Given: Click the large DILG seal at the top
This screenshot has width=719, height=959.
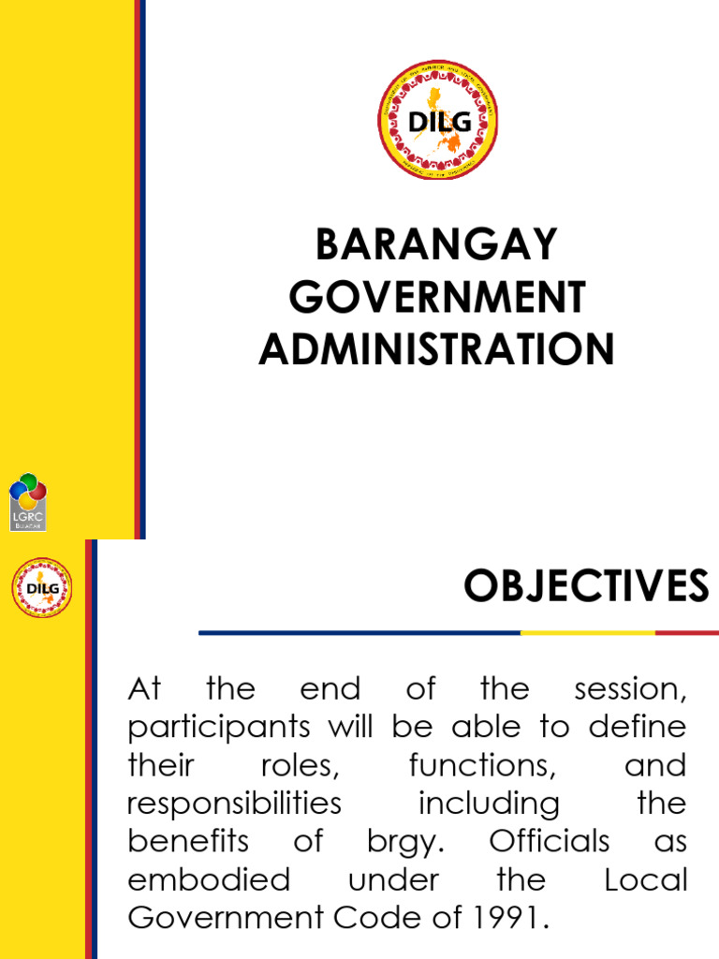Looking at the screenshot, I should click(437, 120).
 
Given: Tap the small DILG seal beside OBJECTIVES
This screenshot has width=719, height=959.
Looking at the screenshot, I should click(42, 588).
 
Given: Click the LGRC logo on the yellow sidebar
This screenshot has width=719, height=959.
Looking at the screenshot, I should click(28, 502).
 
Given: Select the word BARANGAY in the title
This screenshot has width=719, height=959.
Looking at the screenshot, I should click(436, 245).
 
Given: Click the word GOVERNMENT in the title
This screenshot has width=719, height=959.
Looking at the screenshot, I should click(436, 298).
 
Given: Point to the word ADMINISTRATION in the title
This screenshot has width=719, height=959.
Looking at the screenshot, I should click(436, 349).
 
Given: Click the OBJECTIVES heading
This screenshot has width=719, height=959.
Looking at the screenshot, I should click(586, 587).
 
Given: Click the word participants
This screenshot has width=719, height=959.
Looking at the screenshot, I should click(222, 728).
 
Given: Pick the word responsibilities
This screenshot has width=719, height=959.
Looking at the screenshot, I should click(234, 804).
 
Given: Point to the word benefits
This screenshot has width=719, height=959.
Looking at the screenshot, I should click(189, 842).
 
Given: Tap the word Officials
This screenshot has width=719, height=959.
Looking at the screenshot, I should click(549, 842).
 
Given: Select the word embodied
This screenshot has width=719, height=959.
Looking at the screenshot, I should click(209, 880).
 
